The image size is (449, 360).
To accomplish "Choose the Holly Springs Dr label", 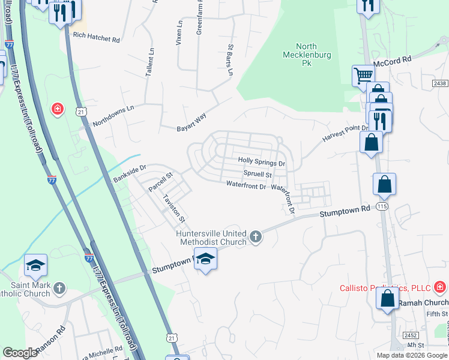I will [261, 161].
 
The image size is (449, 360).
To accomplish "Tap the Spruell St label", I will [258, 174].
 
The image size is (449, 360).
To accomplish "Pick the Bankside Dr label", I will [130, 173].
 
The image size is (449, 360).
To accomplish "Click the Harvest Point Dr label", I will [345, 133].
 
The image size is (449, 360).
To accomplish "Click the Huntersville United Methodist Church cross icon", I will [256, 236].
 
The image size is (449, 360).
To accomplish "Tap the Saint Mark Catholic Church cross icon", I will [59, 289].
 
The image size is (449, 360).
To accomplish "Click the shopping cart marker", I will [363, 75].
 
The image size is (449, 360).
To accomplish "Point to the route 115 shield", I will [382, 206].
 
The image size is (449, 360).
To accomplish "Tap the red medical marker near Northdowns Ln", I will [57, 109].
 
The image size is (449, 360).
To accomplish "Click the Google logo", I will [20, 353].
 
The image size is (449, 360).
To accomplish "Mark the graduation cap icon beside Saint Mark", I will [36, 265].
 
